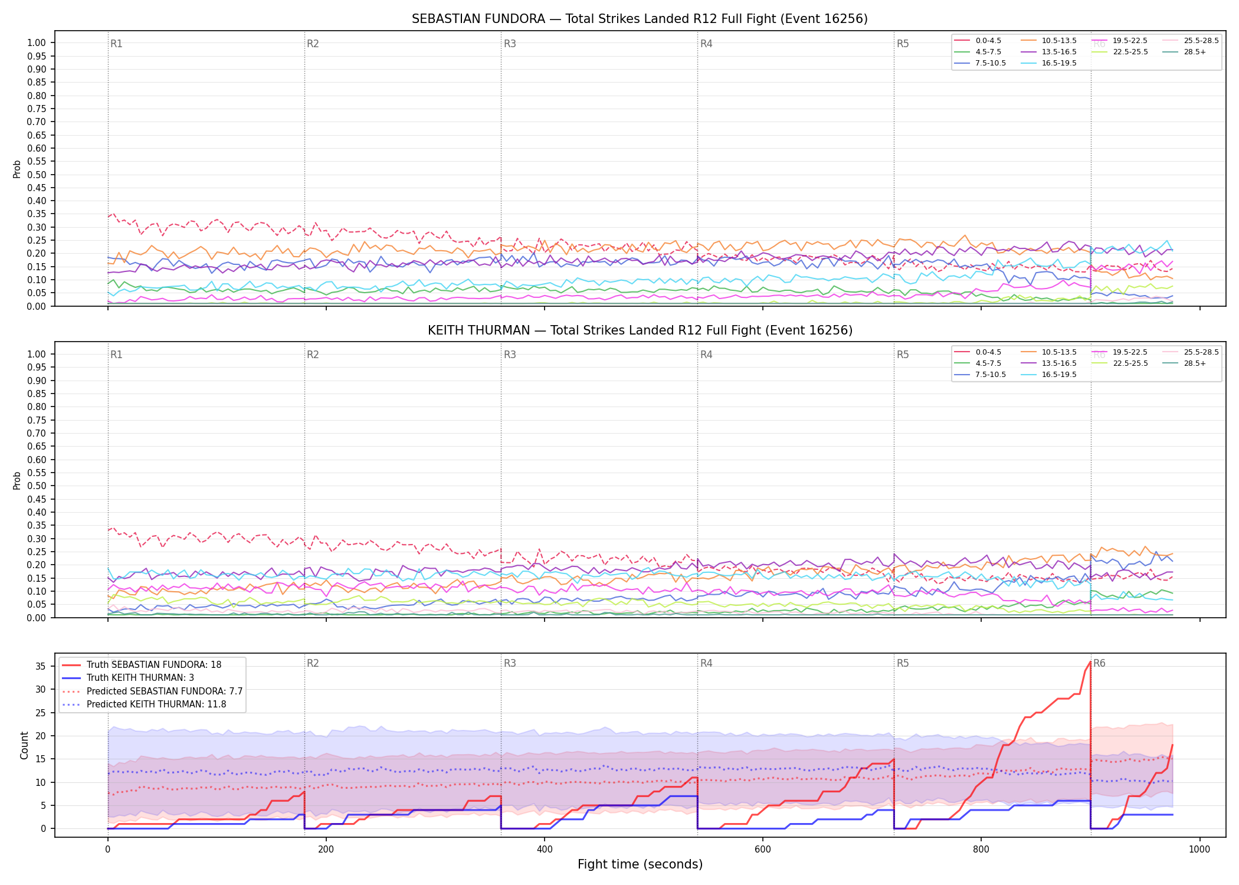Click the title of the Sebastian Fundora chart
640,19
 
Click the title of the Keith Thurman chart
640,330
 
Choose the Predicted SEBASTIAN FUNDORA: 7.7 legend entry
153,691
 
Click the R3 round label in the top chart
510,44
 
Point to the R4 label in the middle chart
706,355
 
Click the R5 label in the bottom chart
903,663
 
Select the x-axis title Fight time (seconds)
640,864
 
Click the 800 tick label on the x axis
981,850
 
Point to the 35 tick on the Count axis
40,666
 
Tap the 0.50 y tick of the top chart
37,175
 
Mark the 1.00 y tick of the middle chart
37,354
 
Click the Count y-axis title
24,745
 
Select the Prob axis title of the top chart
17,169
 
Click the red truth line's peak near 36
1090,662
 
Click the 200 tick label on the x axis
326,850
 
